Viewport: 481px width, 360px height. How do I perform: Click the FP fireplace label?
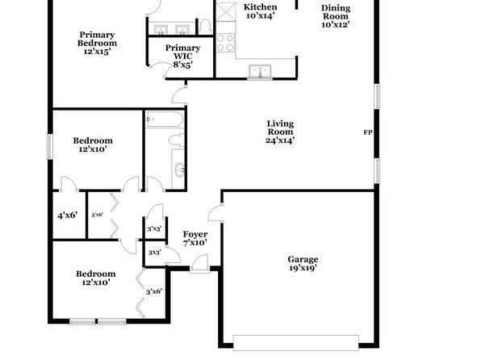(368, 132)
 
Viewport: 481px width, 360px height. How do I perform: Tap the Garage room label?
(303, 259)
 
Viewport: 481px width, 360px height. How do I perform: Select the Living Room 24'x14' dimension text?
(280, 140)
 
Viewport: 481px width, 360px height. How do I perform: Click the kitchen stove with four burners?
(225, 43)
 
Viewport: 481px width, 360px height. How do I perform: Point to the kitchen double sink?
(260, 71)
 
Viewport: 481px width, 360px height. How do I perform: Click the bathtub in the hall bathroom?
(165, 119)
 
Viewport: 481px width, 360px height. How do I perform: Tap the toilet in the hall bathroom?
(177, 140)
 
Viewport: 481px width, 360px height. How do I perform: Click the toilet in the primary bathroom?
(205, 27)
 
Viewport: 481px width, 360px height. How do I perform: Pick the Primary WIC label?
(183, 52)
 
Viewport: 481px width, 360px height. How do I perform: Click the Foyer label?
(195, 234)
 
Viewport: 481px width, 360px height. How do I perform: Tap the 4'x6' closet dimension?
(67, 216)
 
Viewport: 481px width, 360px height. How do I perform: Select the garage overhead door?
(295, 343)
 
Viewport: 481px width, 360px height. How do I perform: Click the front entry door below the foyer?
(199, 264)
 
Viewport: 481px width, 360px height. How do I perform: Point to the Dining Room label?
(336, 12)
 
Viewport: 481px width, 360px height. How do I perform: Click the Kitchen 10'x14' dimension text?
(260, 15)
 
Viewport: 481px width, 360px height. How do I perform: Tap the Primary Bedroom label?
(97, 39)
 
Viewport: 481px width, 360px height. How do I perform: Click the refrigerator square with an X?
(226, 12)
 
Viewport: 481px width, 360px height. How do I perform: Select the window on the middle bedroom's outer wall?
(49, 147)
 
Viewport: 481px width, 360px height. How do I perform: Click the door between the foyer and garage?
(215, 213)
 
